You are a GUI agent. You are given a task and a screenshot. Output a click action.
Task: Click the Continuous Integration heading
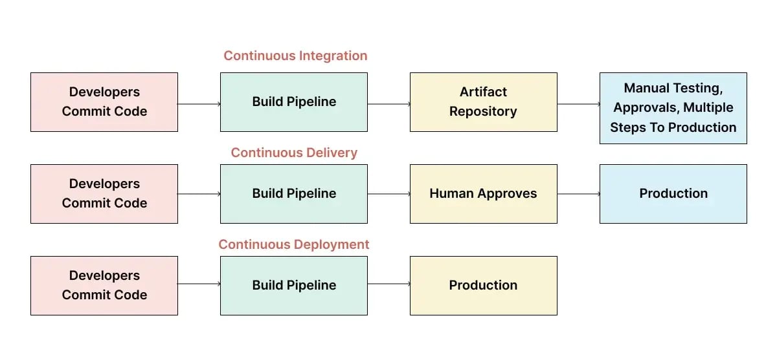295,56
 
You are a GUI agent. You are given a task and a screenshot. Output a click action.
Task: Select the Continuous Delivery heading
294,153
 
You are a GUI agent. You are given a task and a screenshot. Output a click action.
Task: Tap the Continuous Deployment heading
294,244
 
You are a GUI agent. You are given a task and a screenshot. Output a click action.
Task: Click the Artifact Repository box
483,102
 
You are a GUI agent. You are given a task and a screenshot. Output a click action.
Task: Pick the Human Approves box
483,194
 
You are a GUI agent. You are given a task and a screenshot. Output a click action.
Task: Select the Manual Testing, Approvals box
673,108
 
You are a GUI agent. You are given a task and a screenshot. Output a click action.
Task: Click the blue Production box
673,194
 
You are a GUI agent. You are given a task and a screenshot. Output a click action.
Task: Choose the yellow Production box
483,286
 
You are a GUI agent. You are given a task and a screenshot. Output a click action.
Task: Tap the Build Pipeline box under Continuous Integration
294,102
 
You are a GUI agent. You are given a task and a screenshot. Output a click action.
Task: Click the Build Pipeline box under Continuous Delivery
294,194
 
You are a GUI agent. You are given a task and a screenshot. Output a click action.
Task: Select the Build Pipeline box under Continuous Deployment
294,286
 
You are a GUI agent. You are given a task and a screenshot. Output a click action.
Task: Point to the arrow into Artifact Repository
388,103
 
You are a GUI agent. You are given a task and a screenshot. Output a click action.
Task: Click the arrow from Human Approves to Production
578,194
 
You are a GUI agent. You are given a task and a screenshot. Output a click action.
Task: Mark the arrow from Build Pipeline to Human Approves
388,194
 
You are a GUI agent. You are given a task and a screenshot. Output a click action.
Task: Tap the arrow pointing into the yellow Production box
388,284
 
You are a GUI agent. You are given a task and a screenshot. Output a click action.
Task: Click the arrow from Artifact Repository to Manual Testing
578,103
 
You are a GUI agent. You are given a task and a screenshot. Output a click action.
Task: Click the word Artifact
483,92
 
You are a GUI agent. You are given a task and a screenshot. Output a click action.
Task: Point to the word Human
451,193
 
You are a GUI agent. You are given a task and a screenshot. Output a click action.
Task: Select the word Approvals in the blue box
644,108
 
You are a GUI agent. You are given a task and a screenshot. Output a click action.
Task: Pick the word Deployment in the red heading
332,244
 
